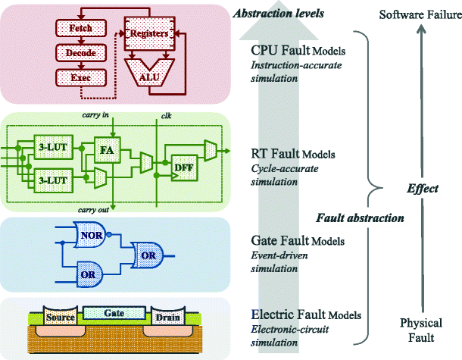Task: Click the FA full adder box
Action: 107,149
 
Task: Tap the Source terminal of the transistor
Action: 60,318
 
